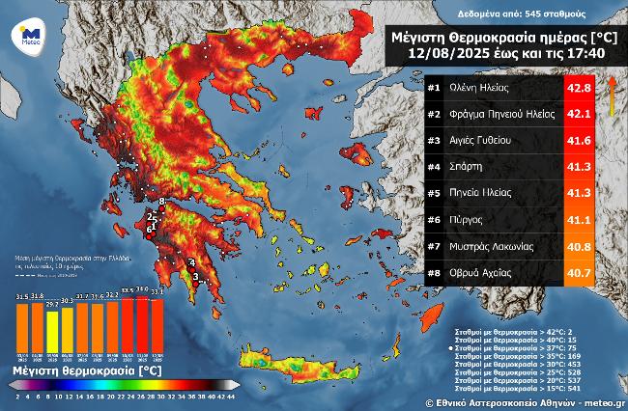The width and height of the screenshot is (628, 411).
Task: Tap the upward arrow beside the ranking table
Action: point(612,96)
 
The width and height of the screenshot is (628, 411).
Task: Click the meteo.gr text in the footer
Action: point(601,402)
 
